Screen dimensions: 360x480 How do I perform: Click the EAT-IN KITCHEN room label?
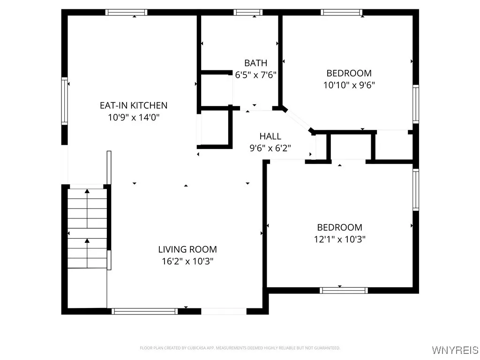tap(133, 105)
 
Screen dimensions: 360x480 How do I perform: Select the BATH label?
tap(255, 63)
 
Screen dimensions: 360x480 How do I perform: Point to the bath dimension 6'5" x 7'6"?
tap(255, 74)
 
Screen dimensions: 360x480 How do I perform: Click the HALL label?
tap(270, 136)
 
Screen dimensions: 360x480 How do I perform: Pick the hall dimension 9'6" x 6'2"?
tap(270, 148)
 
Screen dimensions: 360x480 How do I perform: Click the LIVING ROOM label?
tap(187, 249)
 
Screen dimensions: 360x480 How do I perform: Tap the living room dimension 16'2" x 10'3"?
tap(187, 261)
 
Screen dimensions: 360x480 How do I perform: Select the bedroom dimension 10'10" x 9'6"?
tap(349, 85)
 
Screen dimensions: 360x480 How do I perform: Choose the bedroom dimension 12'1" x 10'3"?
tap(339, 239)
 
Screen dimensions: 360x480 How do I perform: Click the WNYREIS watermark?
tap(455, 350)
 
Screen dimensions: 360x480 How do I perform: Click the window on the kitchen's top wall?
tap(126, 13)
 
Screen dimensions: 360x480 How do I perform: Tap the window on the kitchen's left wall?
tap(65, 101)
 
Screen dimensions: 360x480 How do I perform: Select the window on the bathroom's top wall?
tap(248, 13)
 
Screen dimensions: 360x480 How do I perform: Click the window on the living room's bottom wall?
tap(145, 311)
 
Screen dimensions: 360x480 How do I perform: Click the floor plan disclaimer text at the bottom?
tap(240, 348)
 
